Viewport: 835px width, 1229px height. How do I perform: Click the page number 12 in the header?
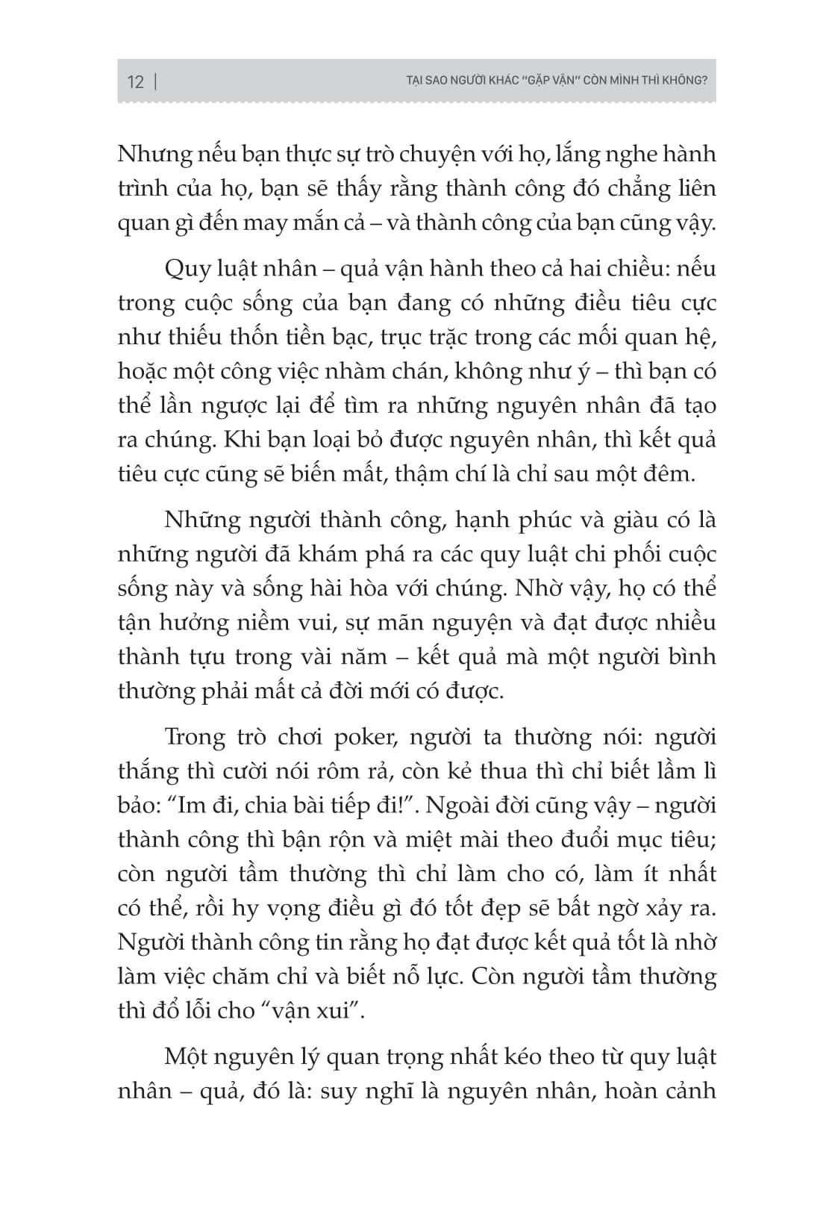point(135,81)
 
